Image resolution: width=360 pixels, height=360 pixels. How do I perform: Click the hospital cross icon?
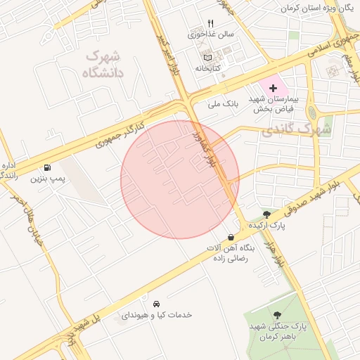(273, 88)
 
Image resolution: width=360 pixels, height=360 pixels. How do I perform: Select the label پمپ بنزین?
(47, 179)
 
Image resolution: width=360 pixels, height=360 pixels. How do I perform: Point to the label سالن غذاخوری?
(207, 34)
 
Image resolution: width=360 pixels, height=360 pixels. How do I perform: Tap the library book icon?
(207, 57)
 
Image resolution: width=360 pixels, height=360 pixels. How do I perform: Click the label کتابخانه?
(207, 67)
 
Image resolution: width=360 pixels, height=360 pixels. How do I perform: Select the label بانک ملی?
(224, 103)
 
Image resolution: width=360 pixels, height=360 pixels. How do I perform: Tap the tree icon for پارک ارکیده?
(266, 214)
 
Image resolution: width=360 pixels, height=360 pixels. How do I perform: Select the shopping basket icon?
(231, 238)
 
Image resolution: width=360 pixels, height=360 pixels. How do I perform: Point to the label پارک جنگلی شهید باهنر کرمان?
(279, 332)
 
